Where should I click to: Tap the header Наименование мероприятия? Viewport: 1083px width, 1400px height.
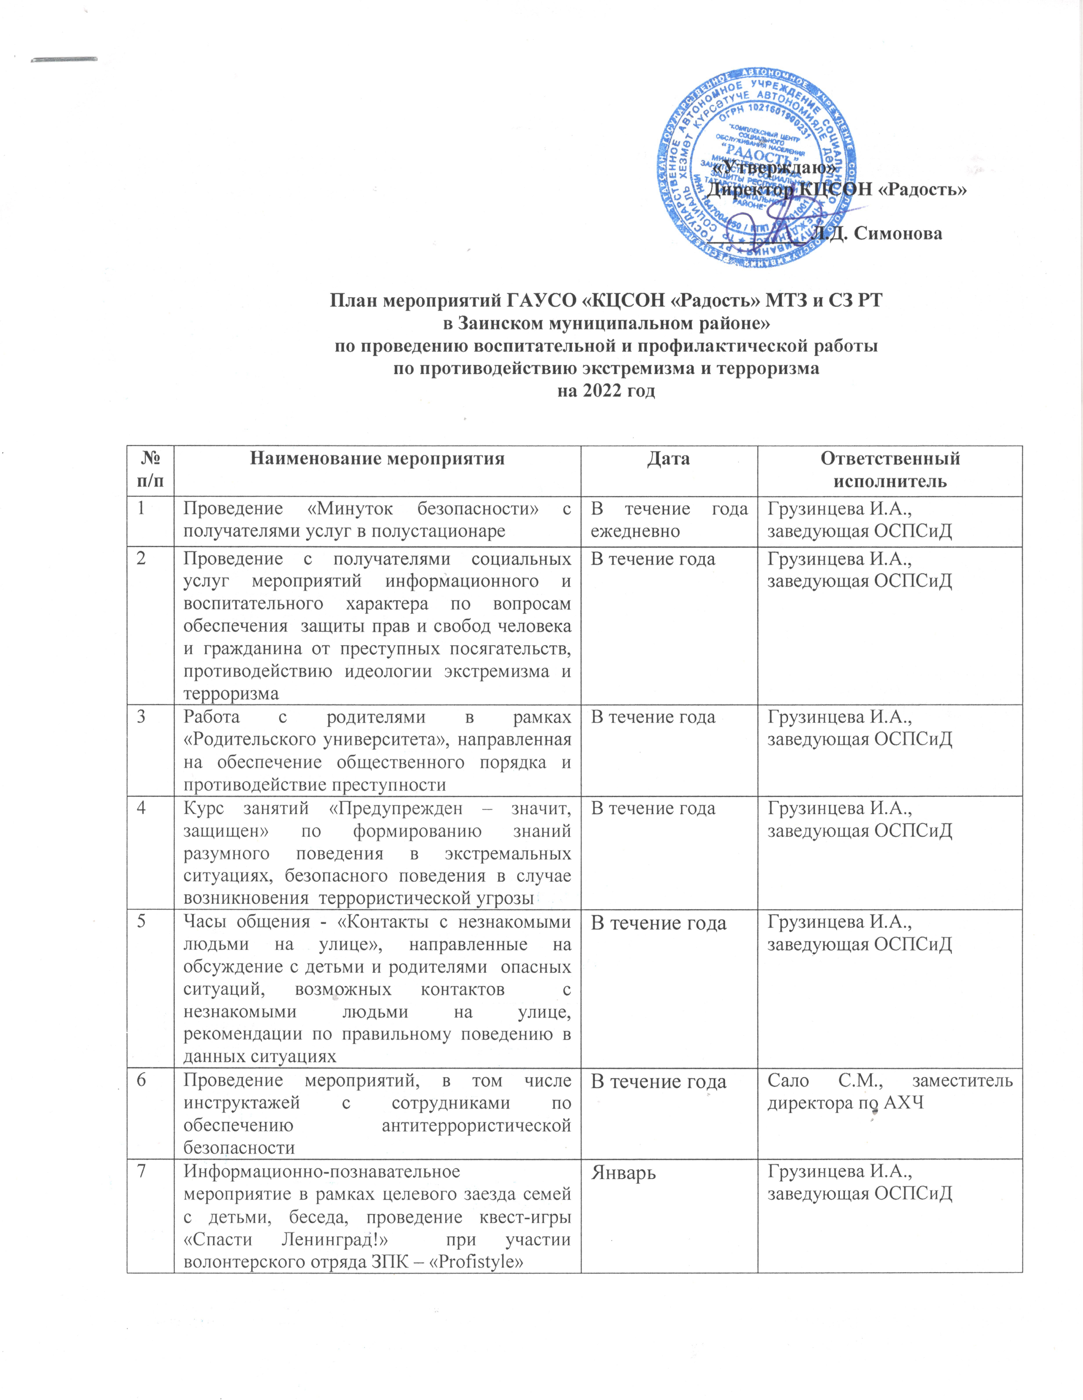(x=377, y=459)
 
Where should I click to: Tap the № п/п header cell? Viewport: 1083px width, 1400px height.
(x=150, y=470)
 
